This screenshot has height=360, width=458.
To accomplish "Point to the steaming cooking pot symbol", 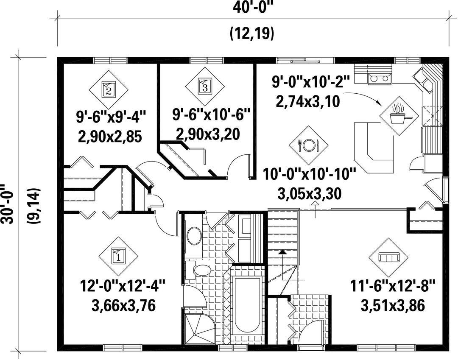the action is point(399,116).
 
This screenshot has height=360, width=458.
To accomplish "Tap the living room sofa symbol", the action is point(388,257).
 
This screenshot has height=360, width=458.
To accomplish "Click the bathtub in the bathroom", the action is point(248,304).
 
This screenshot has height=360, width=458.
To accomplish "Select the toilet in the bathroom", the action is point(198,270).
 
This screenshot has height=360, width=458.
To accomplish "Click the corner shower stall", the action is point(200,329).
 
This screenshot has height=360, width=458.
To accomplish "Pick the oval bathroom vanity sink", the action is point(194,236).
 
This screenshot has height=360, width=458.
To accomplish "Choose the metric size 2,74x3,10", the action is point(308,102).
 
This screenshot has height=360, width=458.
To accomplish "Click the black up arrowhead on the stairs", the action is point(282,252).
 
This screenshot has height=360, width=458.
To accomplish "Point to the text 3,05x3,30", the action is point(309,194).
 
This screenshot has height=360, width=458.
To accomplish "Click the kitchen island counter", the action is point(374,147).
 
